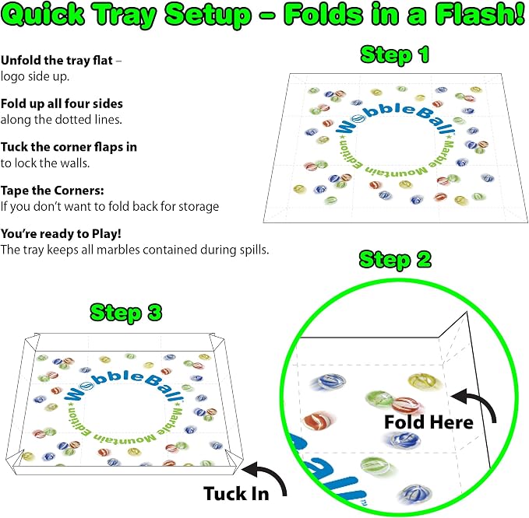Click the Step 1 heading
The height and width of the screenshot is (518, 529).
coord(395,55)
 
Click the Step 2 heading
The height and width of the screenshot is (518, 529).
coord(395,260)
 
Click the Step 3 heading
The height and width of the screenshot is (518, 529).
coord(126,313)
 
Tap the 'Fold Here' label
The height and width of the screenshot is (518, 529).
coord(428,422)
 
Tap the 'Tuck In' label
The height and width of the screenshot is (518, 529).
coord(236,494)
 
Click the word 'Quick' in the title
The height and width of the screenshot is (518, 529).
coord(44,15)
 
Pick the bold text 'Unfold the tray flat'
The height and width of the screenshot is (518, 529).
coord(57,61)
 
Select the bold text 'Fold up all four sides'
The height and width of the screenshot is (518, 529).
coord(62,103)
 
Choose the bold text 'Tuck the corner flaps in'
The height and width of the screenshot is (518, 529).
coord(69,147)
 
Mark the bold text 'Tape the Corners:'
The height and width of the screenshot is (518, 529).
coord(52,191)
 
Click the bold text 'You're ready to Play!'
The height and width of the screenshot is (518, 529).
coord(61,233)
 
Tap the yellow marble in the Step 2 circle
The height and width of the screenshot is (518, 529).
coord(423,381)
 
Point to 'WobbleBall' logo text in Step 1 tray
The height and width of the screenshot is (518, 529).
coord(396,118)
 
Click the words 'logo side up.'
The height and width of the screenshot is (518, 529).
coord(35,76)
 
